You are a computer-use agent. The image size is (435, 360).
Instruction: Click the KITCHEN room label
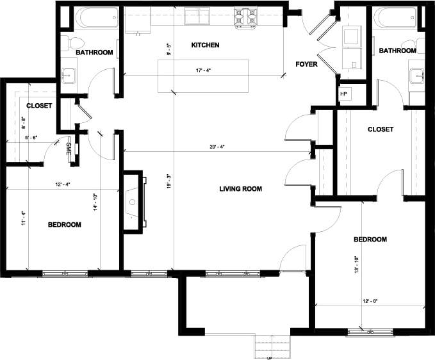[x=206, y=45]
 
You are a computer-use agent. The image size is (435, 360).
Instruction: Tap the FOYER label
[x=306, y=64]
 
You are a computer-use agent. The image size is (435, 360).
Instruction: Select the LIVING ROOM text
[x=241, y=189]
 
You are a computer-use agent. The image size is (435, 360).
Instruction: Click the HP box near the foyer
[x=343, y=94]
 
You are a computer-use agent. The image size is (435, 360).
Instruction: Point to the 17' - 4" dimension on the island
[x=203, y=71]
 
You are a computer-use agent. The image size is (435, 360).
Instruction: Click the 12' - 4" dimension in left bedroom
[x=62, y=185]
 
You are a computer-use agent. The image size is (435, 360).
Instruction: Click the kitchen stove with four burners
[x=244, y=18]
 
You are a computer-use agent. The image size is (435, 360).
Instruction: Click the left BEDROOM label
[x=65, y=225]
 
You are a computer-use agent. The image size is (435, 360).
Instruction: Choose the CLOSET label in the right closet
[x=381, y=129]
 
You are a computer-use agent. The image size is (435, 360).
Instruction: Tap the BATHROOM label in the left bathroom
[x=94, y=52]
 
